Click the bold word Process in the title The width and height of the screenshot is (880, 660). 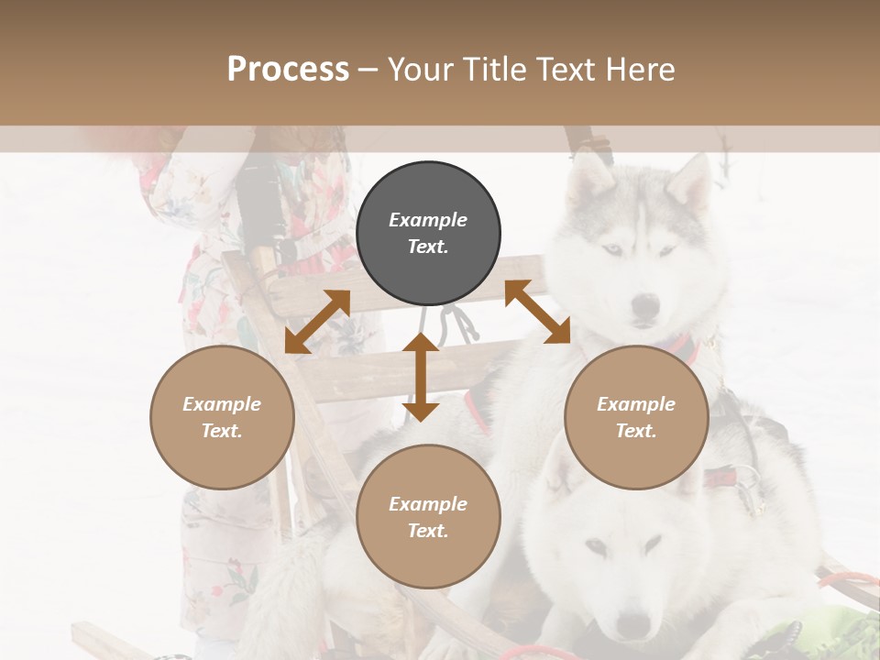click(288, 70)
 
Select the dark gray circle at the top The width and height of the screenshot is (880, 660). click(428, 234)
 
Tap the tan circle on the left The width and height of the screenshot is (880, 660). click(222, 417)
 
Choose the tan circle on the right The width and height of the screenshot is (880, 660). click(636, 417)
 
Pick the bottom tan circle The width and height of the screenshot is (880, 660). click(428, 517)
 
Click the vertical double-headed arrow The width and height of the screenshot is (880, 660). click(421, 377)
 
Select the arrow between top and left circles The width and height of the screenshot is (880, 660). click(317, 322)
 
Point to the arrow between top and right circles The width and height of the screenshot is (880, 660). click(538, 312)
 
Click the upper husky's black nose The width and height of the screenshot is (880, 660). click(646, 303)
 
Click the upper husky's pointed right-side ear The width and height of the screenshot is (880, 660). click(694, 180)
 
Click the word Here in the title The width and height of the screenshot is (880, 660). click(642, 70)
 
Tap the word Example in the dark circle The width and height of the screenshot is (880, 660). click(428, 220)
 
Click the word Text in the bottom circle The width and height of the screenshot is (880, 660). click(428, 531)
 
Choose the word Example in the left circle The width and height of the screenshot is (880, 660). click(222, 404)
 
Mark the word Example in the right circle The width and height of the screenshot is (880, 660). click(636, 404)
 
